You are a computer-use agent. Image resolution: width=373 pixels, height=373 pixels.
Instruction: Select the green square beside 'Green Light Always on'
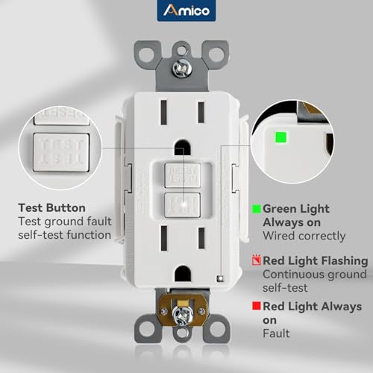257,209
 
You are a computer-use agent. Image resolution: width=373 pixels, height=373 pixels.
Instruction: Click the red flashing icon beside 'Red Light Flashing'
257,260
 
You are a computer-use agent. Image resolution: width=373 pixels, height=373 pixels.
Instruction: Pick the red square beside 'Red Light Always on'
257,307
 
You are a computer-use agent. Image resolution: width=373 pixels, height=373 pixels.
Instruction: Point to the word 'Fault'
276,333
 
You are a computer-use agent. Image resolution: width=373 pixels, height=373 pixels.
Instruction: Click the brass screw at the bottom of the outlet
180,314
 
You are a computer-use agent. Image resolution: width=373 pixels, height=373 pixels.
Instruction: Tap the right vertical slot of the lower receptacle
201,242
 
